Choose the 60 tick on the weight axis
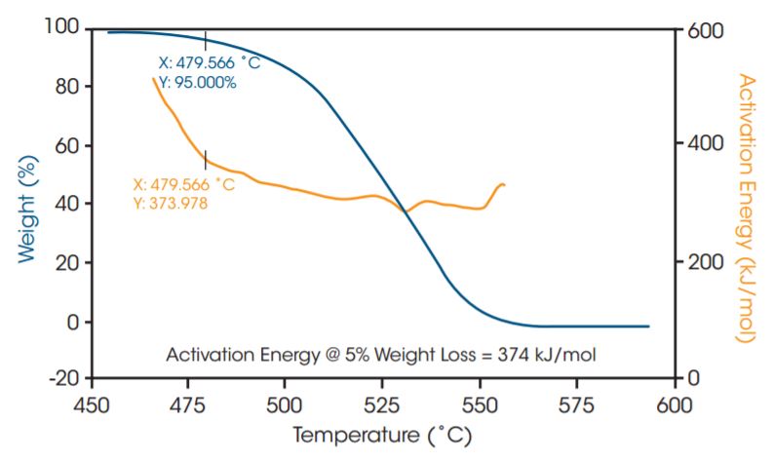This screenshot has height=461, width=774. pyautogui.click(x=70, y=145)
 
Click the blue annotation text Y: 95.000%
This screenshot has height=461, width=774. pyautogui.click(x=197, y=83)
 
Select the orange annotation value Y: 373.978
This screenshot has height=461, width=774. pyautogui.click(x=170, y=203)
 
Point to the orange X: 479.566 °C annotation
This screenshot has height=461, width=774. pyautogui.click(x=183, y=184)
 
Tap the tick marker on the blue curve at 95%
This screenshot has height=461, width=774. pyautogui.click(x=205, y=38)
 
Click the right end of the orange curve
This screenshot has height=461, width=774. pyautogui.click(x=504, y=184)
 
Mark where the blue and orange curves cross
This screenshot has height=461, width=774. pyautogui.click(x=406, y=211)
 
